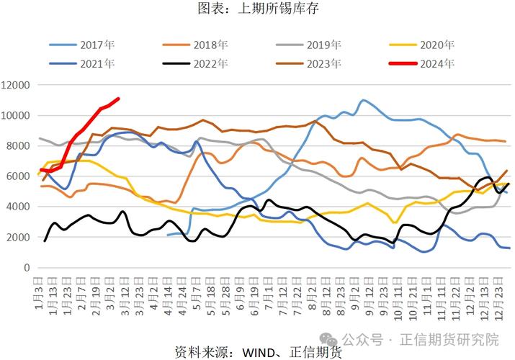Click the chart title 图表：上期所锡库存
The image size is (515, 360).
click(257, 9)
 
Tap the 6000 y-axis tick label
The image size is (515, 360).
click(19, 176)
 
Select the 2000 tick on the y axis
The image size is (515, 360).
click(19, 237)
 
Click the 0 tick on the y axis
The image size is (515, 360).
click(27, 268)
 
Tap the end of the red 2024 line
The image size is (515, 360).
click(118, 99)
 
